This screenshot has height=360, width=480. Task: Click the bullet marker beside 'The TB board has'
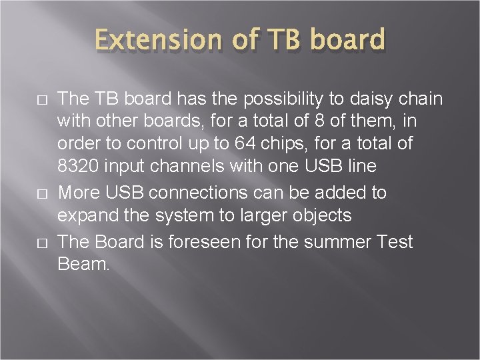[42, 100]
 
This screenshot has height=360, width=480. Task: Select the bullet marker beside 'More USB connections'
[42, 194]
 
